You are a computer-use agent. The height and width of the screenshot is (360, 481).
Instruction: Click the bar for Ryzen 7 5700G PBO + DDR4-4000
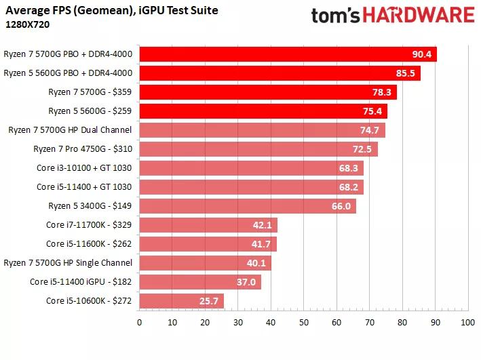288,54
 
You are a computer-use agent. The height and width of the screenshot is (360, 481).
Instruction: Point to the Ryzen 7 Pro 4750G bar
258,149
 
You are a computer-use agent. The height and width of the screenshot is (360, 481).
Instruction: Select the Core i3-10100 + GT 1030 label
85,167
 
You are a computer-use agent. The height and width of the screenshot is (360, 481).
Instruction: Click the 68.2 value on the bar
349,187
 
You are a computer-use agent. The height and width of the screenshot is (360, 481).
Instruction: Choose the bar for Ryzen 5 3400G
247,206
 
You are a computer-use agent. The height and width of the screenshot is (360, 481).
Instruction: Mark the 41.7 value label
262,244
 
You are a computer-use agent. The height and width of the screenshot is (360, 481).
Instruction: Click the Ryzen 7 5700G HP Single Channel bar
205,263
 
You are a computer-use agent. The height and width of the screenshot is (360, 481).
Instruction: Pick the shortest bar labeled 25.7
181,300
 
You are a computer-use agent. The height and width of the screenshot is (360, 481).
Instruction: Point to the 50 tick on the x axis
303,323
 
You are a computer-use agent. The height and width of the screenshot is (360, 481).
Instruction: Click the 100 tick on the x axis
467,323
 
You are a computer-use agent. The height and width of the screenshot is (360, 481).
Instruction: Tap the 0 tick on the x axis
139,323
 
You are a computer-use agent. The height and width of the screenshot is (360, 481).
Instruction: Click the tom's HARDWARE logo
392,15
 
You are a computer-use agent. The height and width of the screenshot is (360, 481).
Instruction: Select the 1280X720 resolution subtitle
27,24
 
